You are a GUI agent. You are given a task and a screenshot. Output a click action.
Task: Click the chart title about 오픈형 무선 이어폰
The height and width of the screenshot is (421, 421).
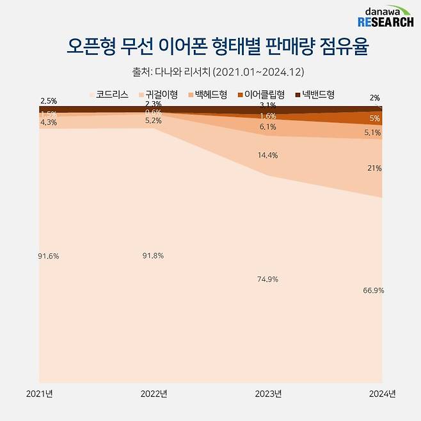coord(210,47)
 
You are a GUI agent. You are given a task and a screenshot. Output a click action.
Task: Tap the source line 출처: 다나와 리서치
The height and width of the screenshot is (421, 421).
coord(210,70)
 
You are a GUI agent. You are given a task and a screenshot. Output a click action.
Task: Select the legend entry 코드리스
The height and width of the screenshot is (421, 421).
coord(112,95)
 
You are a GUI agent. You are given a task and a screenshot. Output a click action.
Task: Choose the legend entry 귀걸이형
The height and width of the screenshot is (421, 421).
coord(161,95)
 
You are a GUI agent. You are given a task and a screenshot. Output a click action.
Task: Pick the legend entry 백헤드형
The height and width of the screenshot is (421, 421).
coord(210,95)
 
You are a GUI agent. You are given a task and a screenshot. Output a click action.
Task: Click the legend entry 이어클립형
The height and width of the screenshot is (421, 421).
coord(264,95)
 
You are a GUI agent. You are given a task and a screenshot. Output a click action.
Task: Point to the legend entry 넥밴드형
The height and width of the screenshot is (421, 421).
coord(318,95)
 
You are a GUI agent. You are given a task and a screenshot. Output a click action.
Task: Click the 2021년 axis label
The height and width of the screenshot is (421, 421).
coord(39,393)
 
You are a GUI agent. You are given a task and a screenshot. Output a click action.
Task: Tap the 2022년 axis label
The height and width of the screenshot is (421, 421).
coord(154,393)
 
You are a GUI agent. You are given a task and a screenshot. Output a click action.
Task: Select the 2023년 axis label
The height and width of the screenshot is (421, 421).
coord(268,393)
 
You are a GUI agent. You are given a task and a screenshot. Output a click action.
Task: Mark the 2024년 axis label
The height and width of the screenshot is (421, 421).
coord(383,393)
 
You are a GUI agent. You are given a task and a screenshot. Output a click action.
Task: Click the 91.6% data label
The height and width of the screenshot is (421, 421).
coord(48,257)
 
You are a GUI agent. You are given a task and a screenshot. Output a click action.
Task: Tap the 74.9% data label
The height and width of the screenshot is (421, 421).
coord(268,280)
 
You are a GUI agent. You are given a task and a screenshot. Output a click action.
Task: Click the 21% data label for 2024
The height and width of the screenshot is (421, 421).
coord(374,168)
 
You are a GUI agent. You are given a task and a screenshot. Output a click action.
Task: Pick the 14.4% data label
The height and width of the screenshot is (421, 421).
coord(268,155)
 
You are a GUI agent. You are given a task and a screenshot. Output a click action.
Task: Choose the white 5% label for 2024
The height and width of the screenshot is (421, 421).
coord(375,118)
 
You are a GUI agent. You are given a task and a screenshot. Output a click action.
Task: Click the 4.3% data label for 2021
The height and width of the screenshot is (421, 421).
coord(48,122)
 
